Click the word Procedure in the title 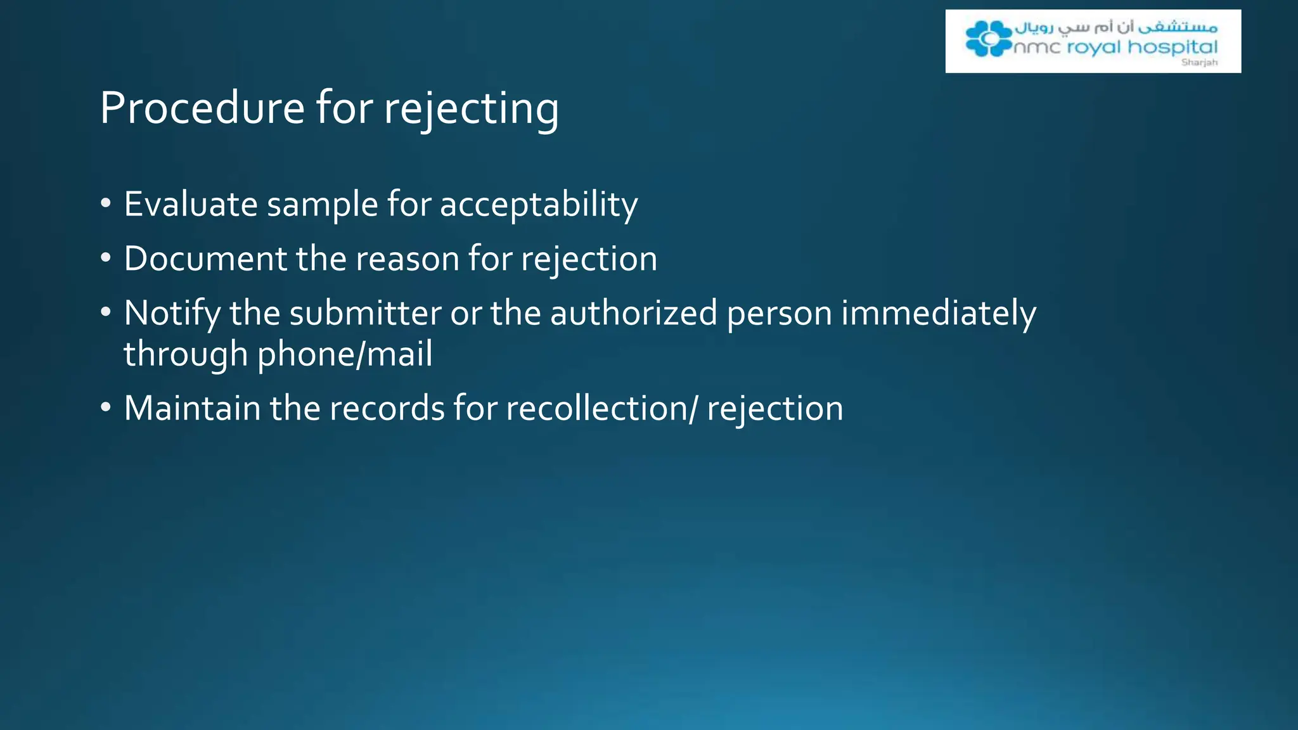pos(202,108)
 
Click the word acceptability pos(539,205)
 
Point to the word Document pos(205,259)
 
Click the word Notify pos(172,314)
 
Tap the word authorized pos(633,313)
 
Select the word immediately pos(939,314)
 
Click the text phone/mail pos(345,354)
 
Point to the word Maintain pos(191,408)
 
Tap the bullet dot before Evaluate pos(106,204)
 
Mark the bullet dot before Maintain pos(106,408)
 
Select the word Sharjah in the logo pos(1199,62)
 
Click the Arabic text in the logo pos(1115,27)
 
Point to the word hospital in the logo pos(1173,48)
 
